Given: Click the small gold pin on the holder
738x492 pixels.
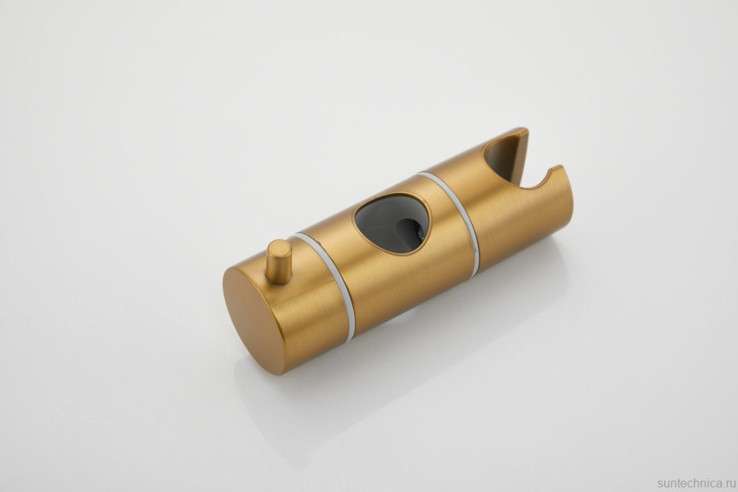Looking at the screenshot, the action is (279, 262).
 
